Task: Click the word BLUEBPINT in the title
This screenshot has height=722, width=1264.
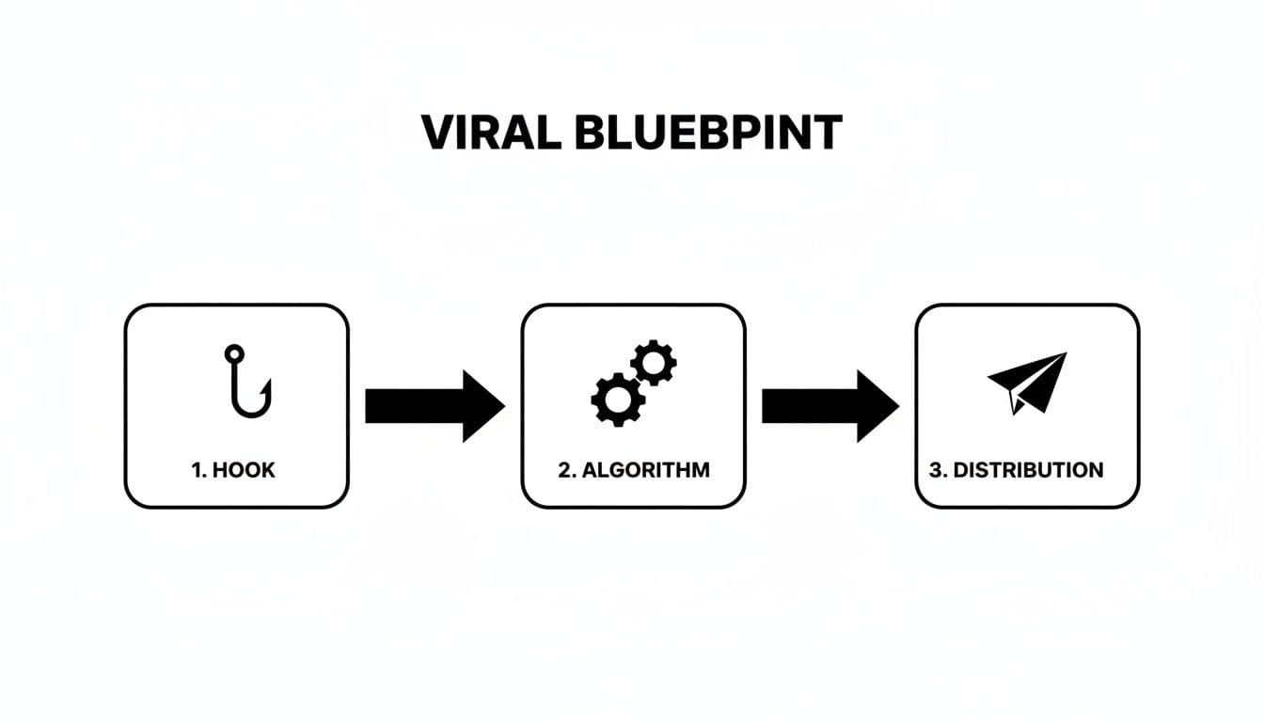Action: [707, 133]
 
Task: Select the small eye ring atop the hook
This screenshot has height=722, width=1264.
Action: [233, 353]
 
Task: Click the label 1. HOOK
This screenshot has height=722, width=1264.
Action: [234, 470]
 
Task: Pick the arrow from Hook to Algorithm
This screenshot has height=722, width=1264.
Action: [433, 405]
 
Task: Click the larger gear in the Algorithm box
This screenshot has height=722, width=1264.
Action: [618, 399]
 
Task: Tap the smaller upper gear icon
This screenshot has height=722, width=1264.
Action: [653, 362]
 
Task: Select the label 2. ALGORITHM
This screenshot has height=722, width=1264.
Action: [634, 470]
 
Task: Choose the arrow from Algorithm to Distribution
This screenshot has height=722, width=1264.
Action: [829, 405]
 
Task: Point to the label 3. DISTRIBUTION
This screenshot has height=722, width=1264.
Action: [1016, 470]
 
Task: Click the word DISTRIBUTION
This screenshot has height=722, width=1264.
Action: [1028, 470]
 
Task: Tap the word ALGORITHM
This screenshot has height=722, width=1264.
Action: [646, 470]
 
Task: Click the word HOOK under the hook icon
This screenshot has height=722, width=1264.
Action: [245, 470]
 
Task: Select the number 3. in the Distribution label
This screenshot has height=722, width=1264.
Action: [938, 470]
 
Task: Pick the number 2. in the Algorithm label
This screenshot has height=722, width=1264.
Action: [566, 470]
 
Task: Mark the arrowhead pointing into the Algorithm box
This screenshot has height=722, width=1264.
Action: [482, 405]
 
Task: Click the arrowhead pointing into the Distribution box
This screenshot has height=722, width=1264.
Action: [877, 405]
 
